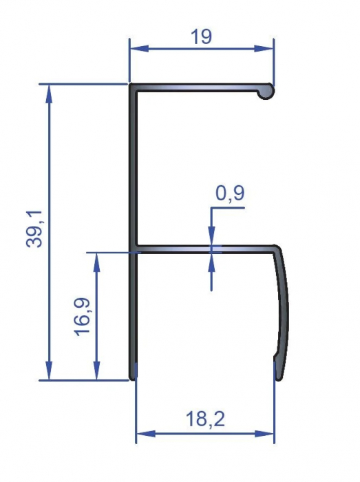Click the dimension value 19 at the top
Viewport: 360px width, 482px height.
pyautogui.click(x=201, y=36)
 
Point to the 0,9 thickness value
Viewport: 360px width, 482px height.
pyautogui.click(x=229, y=195)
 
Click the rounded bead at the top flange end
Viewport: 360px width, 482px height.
pyautogui.click(x=266, y=91)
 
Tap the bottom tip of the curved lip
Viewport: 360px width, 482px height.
pyautogui.click(x=279, y=377)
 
